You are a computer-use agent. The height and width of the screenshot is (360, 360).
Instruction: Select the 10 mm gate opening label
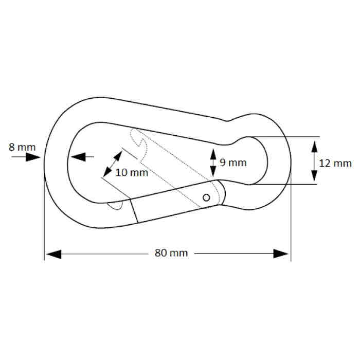pyautogui.click(x=132, y=173)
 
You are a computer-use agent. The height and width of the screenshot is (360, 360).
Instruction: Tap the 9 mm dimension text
pyautogui.click(x=233, y=163)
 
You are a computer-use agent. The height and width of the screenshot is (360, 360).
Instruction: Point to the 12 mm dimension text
pyautogui.click(x=335, y=164)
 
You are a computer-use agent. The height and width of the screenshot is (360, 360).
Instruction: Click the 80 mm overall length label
pyautogui.click(x=171, y=254)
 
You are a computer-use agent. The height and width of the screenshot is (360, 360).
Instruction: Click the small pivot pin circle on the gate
pyautogui.click(x=207, y=197)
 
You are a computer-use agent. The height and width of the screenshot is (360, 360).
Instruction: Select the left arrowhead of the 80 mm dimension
pyautogui.click(x=53, y=254)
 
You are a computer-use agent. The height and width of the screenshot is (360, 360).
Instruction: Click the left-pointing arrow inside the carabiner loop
pyautogui.click(x=78, y=157)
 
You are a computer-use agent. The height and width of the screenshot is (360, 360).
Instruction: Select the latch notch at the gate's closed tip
pyautogui.click(x=116, y=205)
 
